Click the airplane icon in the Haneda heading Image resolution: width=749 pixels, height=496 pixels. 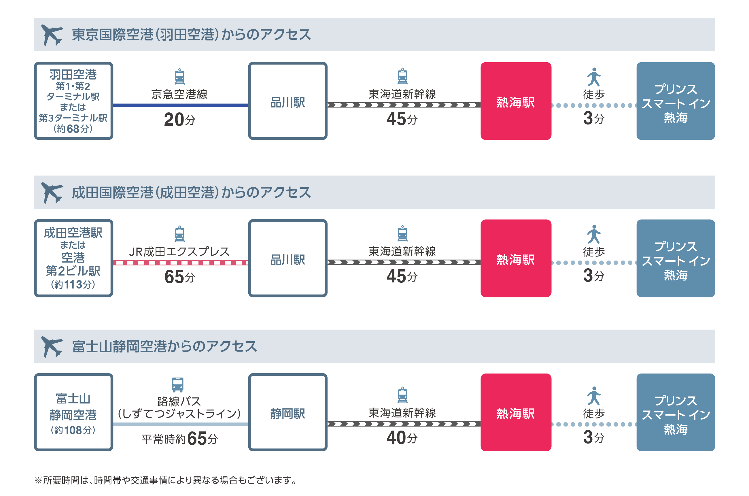tap(52, 35)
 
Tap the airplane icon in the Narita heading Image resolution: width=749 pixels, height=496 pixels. tap(52, 193)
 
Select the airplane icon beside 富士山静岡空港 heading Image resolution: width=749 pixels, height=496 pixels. tap(52, 347)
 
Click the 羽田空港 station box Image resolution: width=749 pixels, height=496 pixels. tap(73, 101)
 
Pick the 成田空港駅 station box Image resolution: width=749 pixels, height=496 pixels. tap(73, 258)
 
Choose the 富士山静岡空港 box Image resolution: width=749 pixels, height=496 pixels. tap(73, 412)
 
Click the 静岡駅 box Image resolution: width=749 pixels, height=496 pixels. tap(288, 412)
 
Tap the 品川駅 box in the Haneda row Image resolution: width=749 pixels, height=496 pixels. tap(288, 101)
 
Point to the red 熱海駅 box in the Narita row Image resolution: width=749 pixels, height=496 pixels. tap(515, 258)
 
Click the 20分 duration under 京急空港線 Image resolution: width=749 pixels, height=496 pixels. tap(179, 120)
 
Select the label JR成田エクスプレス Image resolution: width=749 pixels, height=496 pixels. tap(179, 252)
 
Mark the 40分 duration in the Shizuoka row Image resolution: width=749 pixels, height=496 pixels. tap(402, 437)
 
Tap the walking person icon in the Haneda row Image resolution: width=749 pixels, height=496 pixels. tap(593, 77)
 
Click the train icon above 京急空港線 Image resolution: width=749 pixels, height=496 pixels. tap(179, 77)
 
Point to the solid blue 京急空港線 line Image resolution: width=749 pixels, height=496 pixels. tap(181, 105)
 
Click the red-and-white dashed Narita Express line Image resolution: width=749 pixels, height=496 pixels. tap(181, 263)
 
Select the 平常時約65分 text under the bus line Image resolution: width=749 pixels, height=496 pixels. tap(179, 438)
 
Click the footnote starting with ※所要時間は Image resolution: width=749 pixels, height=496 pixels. tap(166, 480)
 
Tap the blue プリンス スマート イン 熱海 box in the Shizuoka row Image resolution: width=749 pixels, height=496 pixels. tap(675, 412)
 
